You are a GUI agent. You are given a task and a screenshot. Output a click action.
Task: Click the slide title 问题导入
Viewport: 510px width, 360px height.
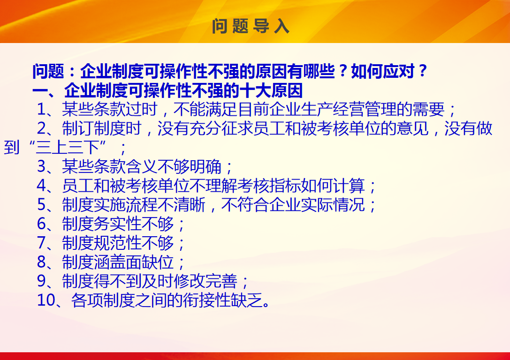(251, 26)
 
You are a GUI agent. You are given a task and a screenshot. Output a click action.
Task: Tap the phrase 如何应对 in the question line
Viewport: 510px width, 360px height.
(383, 71)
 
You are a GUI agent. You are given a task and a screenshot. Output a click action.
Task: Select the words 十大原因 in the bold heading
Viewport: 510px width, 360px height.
(271, 90)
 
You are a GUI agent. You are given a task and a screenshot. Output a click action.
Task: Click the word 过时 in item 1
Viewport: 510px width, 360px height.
(142, 109)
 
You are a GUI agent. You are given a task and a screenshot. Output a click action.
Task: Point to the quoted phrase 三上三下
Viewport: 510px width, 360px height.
(67, 147)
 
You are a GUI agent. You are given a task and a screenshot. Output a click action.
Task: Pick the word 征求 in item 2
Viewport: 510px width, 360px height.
(237, 128)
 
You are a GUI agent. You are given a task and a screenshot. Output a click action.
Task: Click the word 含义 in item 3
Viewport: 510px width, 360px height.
(142, 166)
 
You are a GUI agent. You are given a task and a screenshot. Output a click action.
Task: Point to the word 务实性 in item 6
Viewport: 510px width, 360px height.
(118, 224)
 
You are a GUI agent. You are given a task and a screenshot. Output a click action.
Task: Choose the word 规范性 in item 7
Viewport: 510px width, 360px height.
(118, 243)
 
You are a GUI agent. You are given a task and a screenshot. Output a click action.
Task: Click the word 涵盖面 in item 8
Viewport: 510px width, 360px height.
(118, 262)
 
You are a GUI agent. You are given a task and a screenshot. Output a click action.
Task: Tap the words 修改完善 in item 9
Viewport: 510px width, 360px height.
(205, 281)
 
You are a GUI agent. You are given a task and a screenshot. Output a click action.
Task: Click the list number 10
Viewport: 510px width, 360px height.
(46, 300)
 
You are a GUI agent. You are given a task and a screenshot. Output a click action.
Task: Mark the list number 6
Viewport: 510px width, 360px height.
(42, 224)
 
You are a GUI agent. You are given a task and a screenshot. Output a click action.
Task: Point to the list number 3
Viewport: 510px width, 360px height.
(42, 166)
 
